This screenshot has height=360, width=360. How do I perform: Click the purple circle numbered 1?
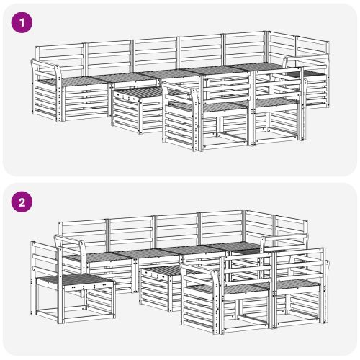click(x=22, y=23)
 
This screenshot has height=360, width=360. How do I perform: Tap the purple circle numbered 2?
click(x=22, y=202)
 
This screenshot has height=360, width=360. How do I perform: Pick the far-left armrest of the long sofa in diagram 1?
click(x=46, y=65)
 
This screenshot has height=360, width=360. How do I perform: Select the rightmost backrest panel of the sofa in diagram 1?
click(x=312, y=52)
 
